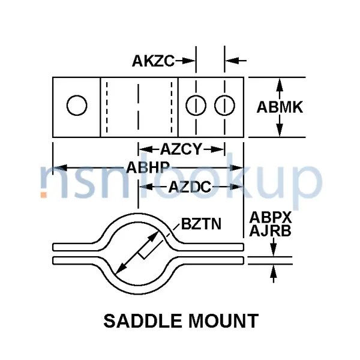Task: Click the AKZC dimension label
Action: click(x=153, y=61)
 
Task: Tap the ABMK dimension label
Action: click(x=280, y=107)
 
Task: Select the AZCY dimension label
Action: click(x=181, y=149)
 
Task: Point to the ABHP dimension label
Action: click(x=148, y=167)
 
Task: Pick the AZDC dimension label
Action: click(x=190, y=187)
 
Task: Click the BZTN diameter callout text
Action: click(x=201, y=224)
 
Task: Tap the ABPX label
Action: click(x=271, y=217)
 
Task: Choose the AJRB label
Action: click(x=270, y=231)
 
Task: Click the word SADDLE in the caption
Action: click(x=143, y=321)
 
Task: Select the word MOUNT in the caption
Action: click(x=224, y=321)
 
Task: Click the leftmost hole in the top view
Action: click(x=77, y=106)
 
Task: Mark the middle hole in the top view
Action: click(x=196, y=106)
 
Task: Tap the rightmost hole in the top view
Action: click(x=224, y=106)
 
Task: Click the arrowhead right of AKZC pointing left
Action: click(x=232, y=61)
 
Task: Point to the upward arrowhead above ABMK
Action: click(x=280, y=85)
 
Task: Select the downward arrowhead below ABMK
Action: click(x=280, y=130)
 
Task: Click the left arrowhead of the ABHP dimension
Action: click(x=60, y=167)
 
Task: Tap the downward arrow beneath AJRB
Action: click(x=273, y=247)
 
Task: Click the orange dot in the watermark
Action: click(x=44, y=194)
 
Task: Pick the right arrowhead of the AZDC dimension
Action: click(x=236, y=187)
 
